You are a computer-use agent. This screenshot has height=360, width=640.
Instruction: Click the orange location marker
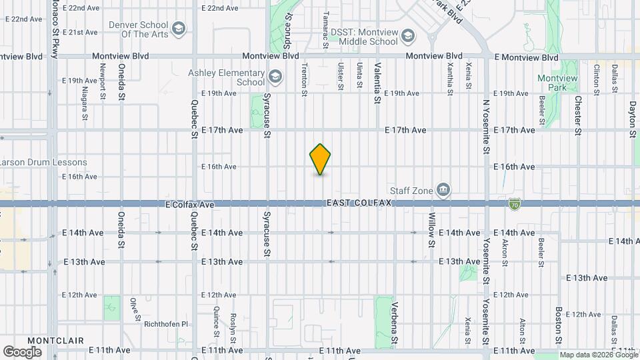point(321,159)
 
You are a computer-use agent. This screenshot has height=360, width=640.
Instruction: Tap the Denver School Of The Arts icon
point(178,28)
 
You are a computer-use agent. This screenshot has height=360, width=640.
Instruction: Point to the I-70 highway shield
point(514,203)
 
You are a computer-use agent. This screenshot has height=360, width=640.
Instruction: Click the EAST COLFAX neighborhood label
point(358,203)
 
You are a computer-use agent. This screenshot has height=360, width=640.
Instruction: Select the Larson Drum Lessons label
point(44,162)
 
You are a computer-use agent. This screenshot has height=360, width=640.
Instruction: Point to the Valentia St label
point(377,83)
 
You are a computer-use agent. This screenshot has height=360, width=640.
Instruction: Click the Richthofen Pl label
point(166,324)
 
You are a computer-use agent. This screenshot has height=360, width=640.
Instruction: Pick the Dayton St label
point(633,119)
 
